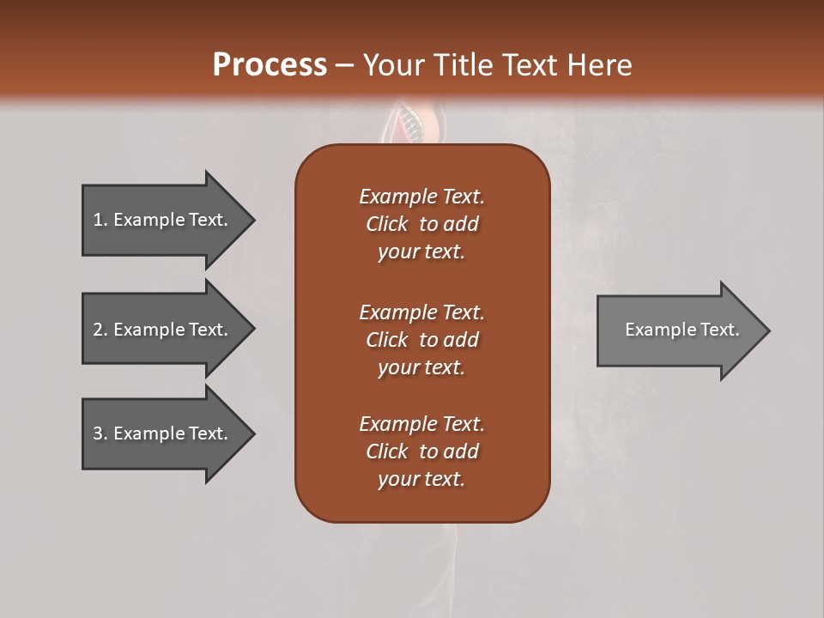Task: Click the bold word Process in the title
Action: (x=270, y=65)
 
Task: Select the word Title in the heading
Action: (x=463, y=65)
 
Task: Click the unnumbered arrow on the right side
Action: (x=678, y=330)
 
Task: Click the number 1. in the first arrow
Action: (x=100, y=220)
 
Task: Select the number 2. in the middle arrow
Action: (x=100, y=330)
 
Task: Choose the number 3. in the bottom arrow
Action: (x=100, y=433)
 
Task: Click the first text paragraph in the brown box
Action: (x=421, y=224)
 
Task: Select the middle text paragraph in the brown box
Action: (x=421, y=340)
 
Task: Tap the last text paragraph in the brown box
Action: (x=421, y=451)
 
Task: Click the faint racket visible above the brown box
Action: (x=412, y=124)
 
